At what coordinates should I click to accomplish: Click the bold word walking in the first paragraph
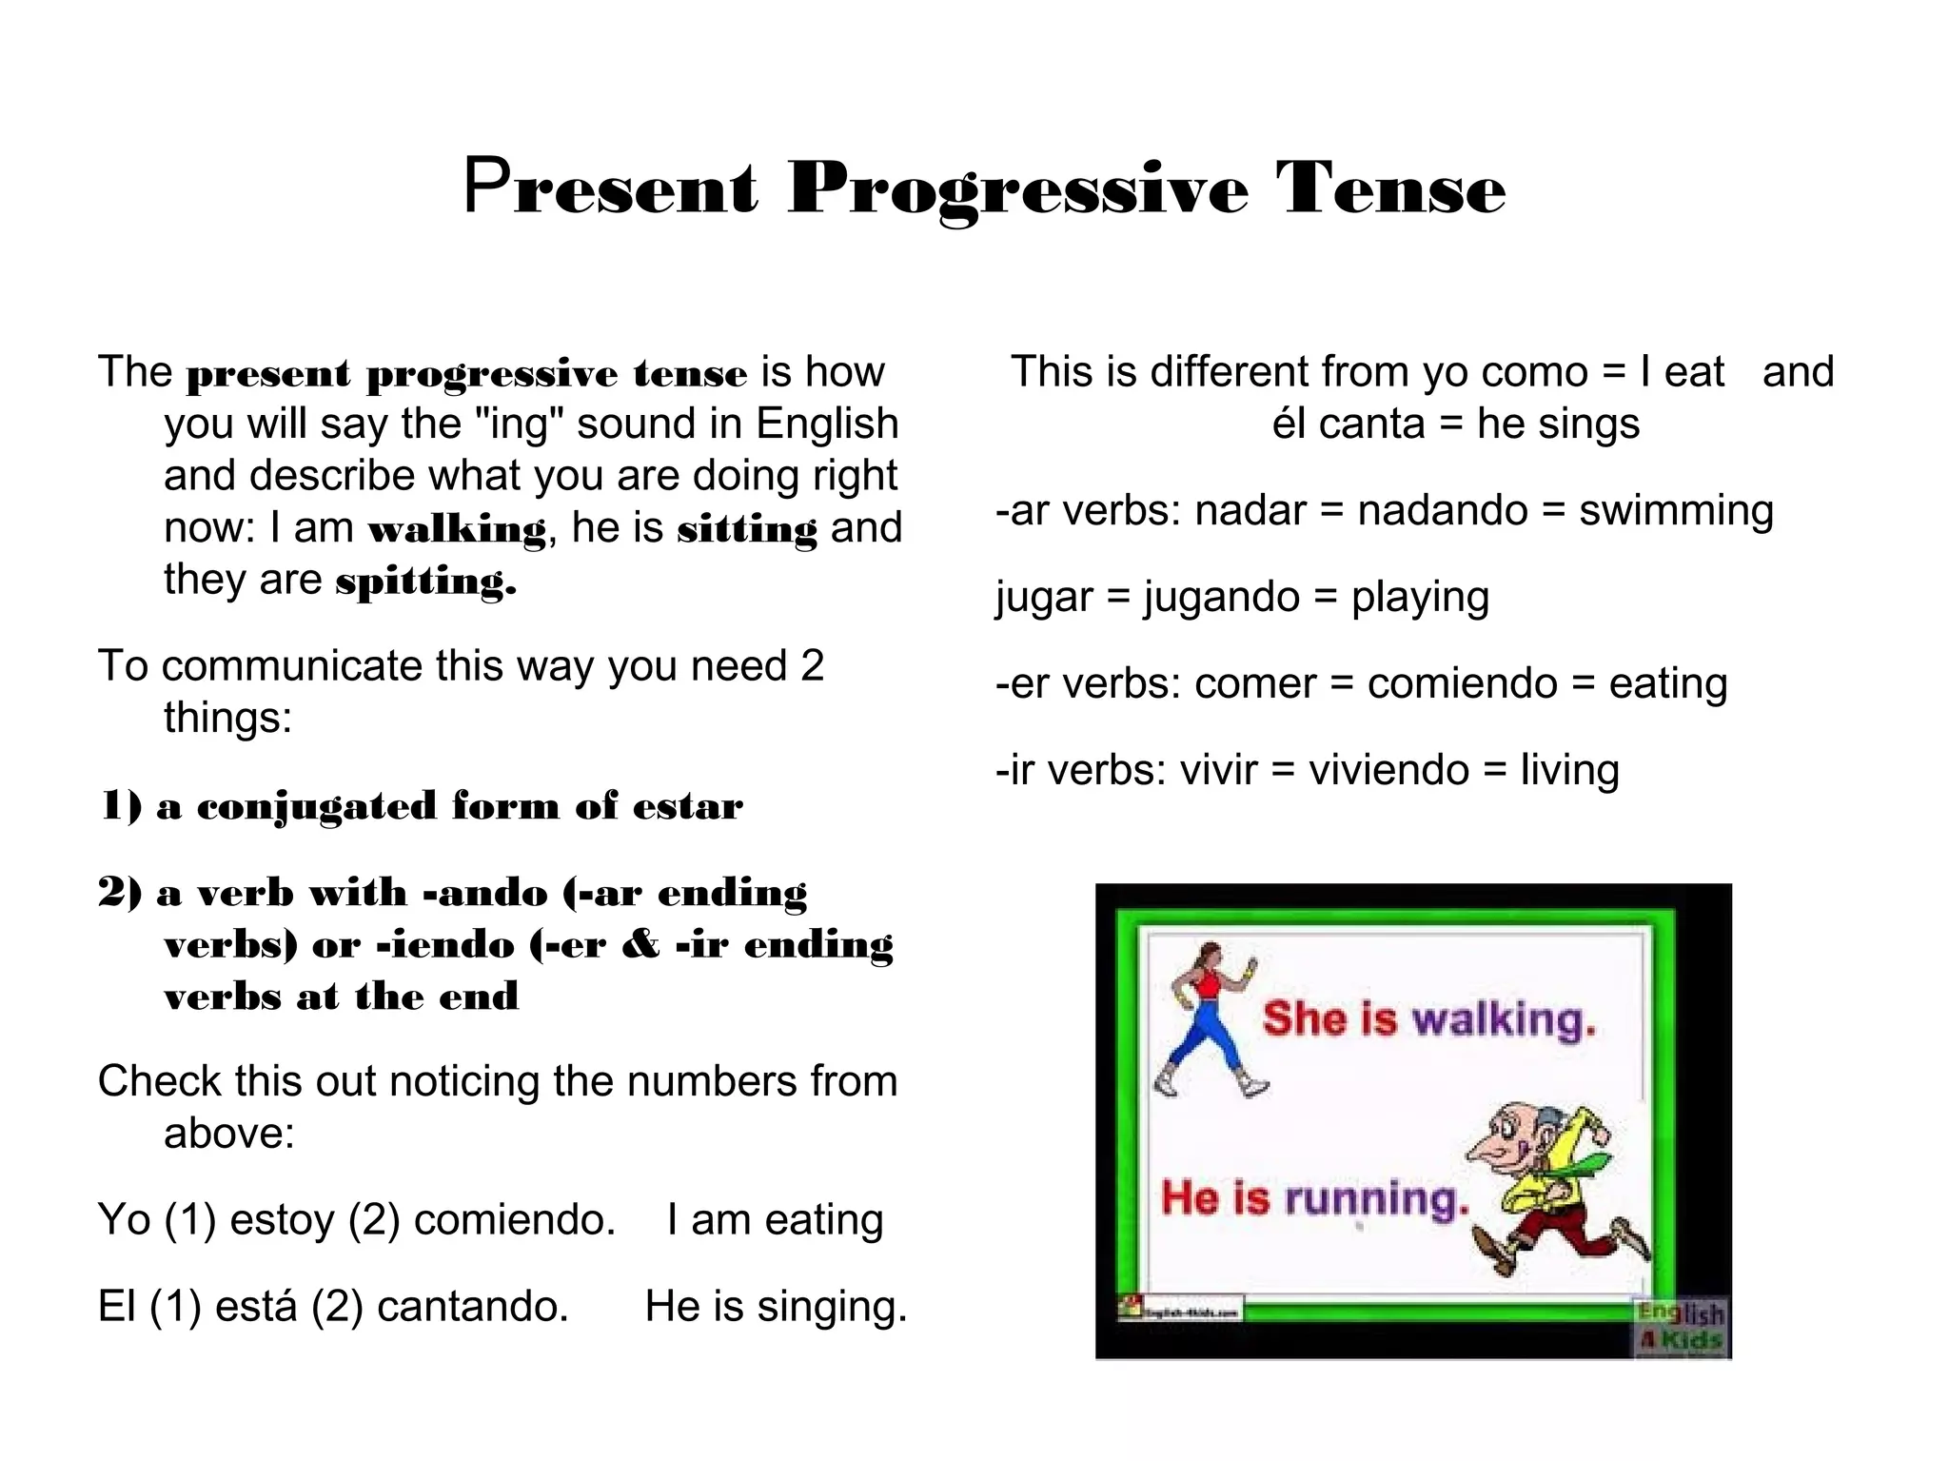point(457,529)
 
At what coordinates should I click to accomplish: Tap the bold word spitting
point(425,581)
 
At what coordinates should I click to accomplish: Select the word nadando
point(1442,511)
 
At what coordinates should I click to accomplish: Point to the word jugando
point(1221,598)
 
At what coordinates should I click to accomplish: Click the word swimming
point(1676,511)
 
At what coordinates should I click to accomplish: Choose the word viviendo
point(1388,770)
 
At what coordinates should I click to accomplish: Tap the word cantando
point(472,1307)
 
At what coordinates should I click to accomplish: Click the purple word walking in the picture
point(1503,1020)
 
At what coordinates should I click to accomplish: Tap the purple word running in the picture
point(1375,1198)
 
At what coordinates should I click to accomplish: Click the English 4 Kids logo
point(1680,1326)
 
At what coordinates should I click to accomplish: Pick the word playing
point(1420,598)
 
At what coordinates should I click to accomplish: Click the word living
point(1569,770)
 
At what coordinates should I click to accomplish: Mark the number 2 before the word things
point(812,666)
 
